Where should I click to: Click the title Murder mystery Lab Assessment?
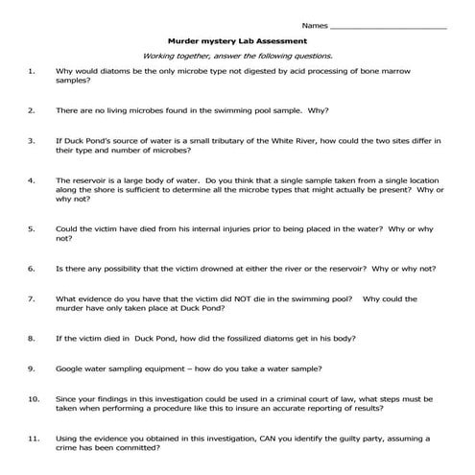237,42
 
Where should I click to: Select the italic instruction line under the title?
237,57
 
